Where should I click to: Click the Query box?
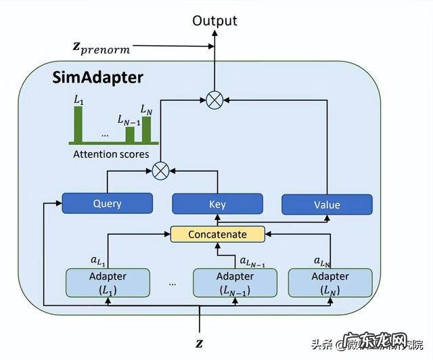[107, 203]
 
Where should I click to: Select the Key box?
[217, 204]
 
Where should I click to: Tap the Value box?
[327, 204]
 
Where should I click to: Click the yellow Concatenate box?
[217, 234]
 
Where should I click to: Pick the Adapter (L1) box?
[108, 282]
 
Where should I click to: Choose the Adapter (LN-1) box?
[235, 282]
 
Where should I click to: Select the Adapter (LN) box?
[329, 282]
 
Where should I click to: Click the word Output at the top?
[215, 21]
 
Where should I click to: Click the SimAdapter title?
[98, 77]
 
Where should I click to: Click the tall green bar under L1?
[79, 123]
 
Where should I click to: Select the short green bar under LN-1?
[129, 135]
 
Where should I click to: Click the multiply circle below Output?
[214, 100]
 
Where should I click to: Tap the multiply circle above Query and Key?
[160, 171]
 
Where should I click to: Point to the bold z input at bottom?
[199, 343]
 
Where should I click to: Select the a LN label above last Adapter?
[322, 261]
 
